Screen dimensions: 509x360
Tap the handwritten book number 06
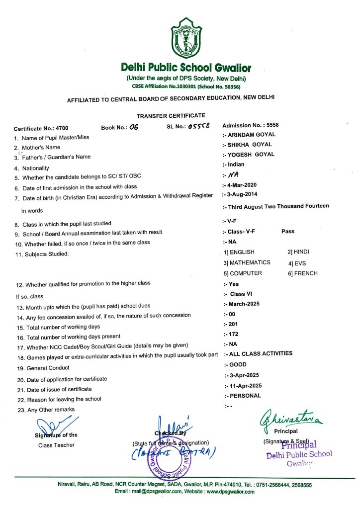coord(133,127)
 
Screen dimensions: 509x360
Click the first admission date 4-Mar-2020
coord(245,184)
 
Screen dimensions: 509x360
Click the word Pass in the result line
coord(288,232)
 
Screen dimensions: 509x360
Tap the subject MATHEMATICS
coord(250,262)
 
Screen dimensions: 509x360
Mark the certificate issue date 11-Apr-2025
coord(247,385)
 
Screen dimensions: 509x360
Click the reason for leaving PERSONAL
coord(245,396)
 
